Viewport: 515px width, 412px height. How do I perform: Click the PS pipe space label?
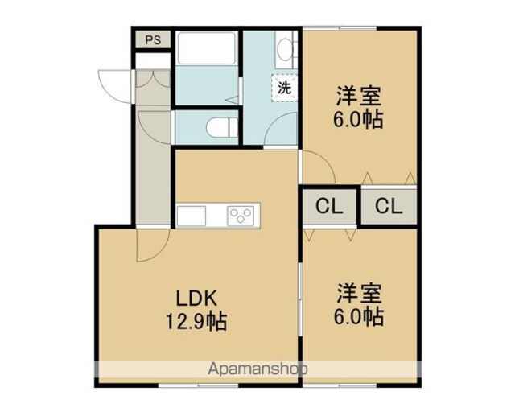click(x=153, y=39)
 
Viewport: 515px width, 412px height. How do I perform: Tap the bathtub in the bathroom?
click(x=207, y=48)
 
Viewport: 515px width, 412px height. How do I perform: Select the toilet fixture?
click(x=222, y=127)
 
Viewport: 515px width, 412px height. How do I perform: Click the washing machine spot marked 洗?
click(x=284, y=88)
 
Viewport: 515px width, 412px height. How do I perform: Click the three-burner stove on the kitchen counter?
click(x=241, y=216)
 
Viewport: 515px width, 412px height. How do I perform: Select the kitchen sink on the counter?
click(x=192, y=216)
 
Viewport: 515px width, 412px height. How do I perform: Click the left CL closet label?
click(x=329, y=207)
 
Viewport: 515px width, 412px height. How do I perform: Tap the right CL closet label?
click(x=389, y=207)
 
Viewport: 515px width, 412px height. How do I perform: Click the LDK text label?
click(x=196, y=299)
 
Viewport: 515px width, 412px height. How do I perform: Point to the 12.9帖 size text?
click(x=196, y=321)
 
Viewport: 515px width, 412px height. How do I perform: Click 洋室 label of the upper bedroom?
click(x=358, y=96)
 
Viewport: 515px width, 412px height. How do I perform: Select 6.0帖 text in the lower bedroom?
click(x=358, y=316)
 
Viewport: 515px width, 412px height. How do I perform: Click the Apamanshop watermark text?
click(x=257, y=369)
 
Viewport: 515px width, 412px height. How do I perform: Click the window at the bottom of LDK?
click(x=199, y=385)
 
